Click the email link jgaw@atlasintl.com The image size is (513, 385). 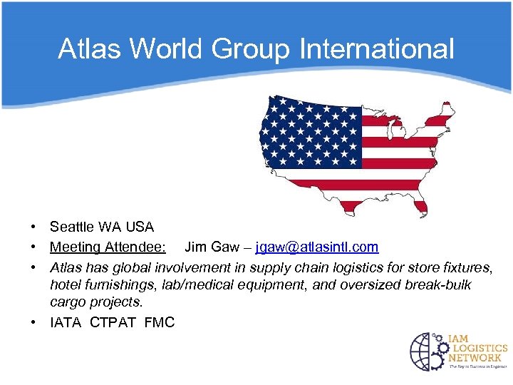[x=317, y=247]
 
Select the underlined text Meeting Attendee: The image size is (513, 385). [x=108, y=247]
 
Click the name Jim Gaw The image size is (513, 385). [x=210, y=247]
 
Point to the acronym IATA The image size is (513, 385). [x=66, y=323]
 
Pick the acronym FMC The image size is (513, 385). [x=159, y=323]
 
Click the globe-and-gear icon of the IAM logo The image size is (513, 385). [x=427, y=352]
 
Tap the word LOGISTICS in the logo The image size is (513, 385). [x=477, y=349]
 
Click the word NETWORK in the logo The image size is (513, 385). [x=475, y=358]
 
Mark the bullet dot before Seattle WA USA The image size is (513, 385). [x=33, y=227]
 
